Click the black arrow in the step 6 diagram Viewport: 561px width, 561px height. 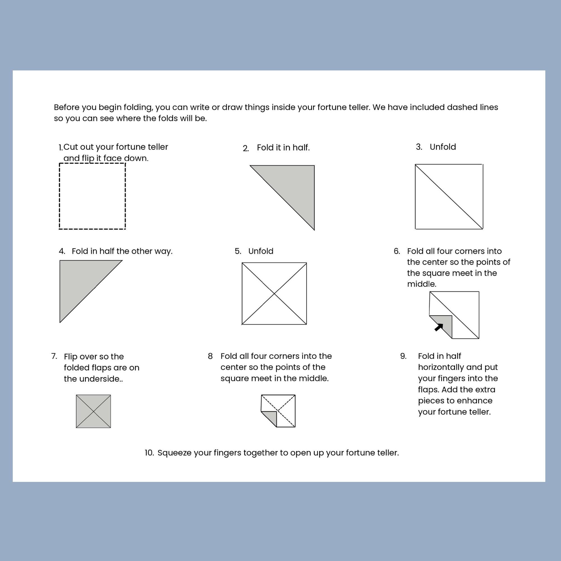pos(439,327)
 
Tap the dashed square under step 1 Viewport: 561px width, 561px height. pos(92,196)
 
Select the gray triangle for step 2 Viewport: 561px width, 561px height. pos(293,186)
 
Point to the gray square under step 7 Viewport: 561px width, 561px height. pos(93,411)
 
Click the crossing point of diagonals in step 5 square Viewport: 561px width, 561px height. pos(274,294)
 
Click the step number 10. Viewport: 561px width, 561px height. pos(149,453)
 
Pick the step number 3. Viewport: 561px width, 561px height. pos(419,147)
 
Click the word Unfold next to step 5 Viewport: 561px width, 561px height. pos(261,251)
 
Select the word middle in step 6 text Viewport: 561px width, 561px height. pos(421,284)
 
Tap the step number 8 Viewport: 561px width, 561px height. pos(210,356)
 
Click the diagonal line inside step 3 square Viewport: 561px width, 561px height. pos(449,197)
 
